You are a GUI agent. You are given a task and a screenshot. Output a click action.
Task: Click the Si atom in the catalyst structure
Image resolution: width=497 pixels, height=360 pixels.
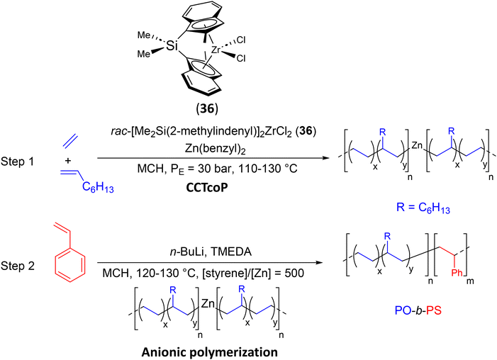click(x=172, y=47)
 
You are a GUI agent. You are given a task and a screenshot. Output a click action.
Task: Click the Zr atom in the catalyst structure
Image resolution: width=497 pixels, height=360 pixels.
click(x=216, y=50)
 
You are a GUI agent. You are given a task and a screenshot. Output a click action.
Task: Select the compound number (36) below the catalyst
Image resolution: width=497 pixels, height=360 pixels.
click(x=207, y=108)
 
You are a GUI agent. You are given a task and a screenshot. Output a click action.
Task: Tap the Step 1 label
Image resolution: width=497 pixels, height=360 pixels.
click(x=17, y=162)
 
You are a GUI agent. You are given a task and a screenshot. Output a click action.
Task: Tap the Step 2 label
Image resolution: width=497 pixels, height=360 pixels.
click(x=18, y=266)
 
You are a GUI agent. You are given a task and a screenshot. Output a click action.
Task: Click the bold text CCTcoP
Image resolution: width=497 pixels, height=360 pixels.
click(x=206, y=188)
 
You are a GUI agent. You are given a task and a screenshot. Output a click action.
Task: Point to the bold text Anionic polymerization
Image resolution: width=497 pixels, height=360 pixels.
click(x=210, y=352)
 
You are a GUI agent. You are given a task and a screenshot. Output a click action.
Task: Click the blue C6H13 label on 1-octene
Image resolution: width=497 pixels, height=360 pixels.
click(x=98, y=187)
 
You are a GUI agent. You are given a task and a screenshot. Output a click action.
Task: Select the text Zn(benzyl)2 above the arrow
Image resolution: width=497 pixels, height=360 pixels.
click(x=216, y=149)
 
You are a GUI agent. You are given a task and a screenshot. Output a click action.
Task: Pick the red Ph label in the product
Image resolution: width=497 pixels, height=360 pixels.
click(x=457, y=273)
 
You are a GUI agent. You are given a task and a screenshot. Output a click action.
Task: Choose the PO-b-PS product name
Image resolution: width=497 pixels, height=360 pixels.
click(x=418, y=310)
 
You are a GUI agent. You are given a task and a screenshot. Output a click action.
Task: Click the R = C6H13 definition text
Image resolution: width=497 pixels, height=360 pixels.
click(x=423, y=208)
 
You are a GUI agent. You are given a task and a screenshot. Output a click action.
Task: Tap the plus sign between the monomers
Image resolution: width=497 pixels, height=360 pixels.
click(x=68, y=161)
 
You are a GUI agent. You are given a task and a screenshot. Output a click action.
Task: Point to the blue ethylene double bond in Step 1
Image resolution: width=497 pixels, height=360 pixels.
click(x=69, y=141)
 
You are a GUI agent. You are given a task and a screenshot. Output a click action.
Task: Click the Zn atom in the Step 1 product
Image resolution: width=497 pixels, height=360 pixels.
click(x=418, y=145)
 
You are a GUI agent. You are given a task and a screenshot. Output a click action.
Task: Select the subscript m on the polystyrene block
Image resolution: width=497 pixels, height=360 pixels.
click(x=470, y=281)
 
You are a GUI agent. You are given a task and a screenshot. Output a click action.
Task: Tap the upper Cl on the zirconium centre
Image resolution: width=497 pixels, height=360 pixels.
click(x=241, y=40)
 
